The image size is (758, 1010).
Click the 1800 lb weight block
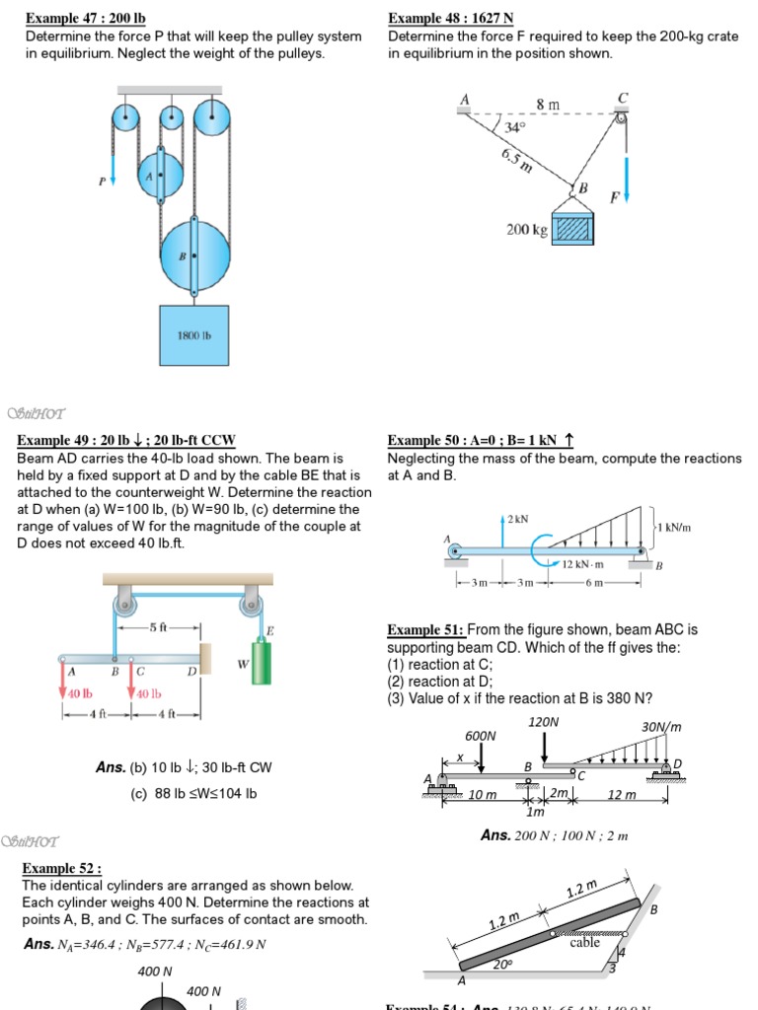tap(193, 336)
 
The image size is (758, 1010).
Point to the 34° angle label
tap(515, 127)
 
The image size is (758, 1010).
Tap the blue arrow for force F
tap(626, 178)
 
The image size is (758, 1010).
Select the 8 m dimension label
tap(547, 104)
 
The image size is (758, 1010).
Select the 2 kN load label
tap(517, 518)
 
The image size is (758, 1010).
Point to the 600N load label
tap(481, 736)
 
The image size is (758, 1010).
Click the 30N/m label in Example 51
tap(661, 727)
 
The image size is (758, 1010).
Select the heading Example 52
tap(62, 868)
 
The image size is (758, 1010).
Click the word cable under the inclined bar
tap(584, 942)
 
